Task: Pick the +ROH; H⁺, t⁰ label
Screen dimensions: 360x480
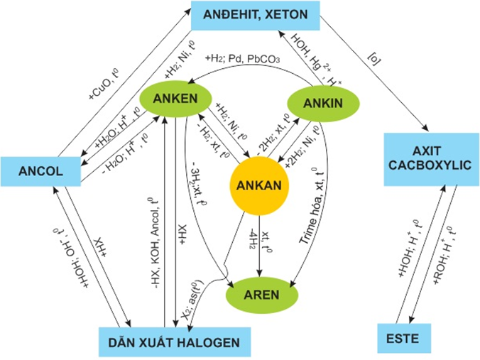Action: click(x=451, y=246)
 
